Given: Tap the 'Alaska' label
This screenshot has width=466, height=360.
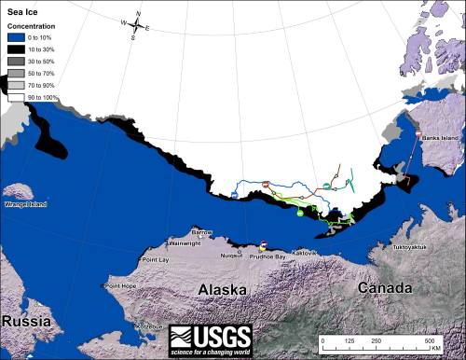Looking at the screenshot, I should pyautogui.click(x=225, y=291).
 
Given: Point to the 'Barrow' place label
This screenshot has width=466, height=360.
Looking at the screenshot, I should pyautogui.click(x=201, y=232).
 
